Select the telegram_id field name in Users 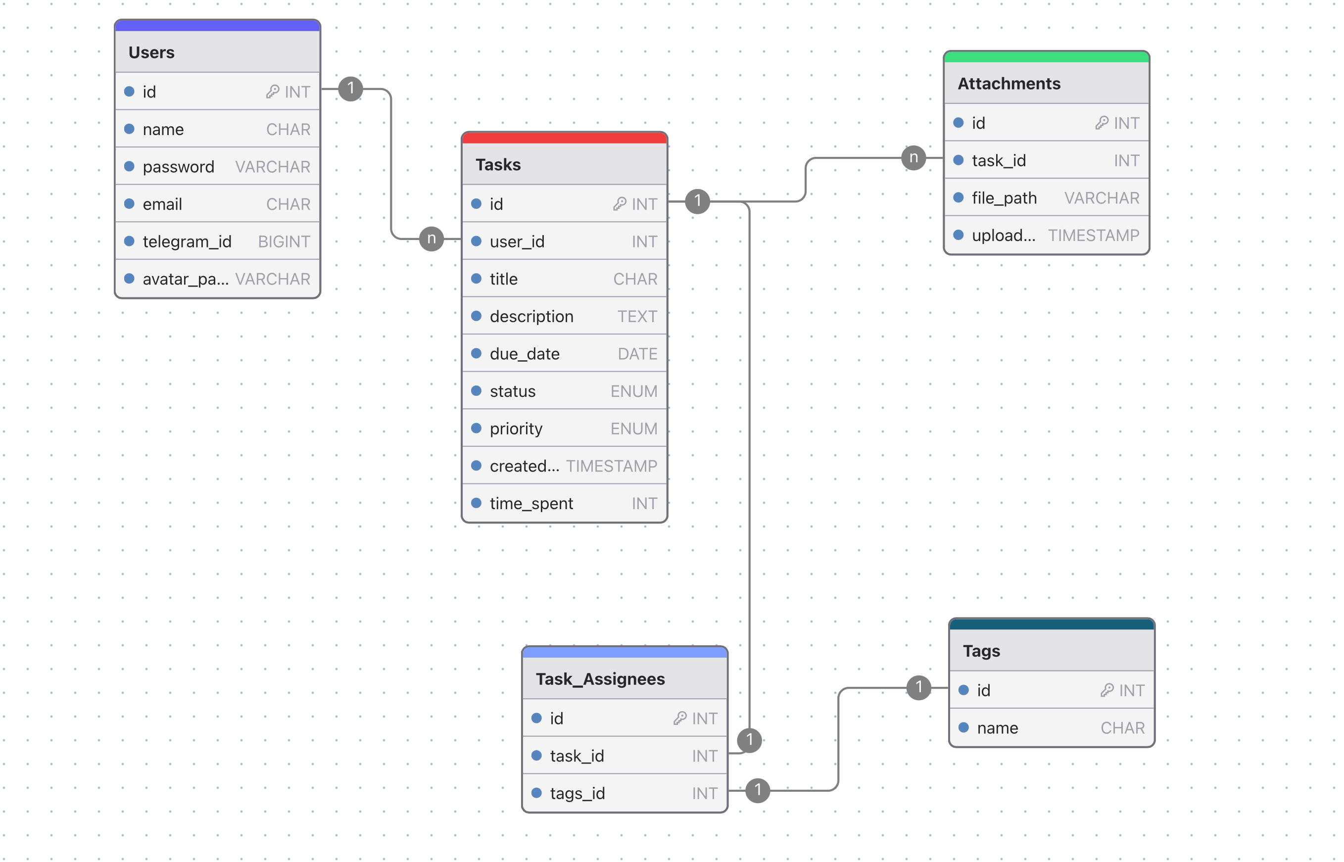(x=187, y=242)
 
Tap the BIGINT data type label (x=284, y=242)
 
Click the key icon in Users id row (x=272, y=92)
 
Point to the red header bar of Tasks (x=564, y=138)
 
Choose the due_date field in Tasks (x=524, y=354)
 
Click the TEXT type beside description (x=636, y=317)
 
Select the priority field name (x=516, y=429)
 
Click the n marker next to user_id (x=431, y=239)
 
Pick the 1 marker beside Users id (x=350, y=89)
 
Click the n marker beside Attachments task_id (x=913, y=158)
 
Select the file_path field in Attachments (x=1004, y=198)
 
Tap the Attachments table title (x=1008, y=84)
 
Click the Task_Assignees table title (x=600, y=679)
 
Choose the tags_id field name (x=576, y=793)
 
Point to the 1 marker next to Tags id (x=918, y=687)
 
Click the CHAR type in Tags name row (x=1122, y=728)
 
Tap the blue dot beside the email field (x=129, y=204)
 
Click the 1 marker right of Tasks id (x=697, y=201)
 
